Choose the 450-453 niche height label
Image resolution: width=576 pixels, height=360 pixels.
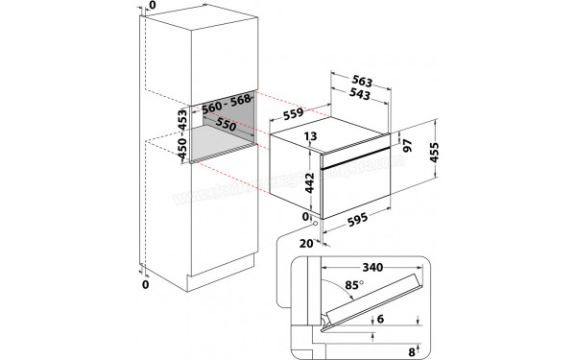click(x=181, y=134)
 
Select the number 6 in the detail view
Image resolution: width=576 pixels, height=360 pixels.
click(x=381, y=321)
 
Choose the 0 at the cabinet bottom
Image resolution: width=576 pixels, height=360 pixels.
click(x=144, y=286)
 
